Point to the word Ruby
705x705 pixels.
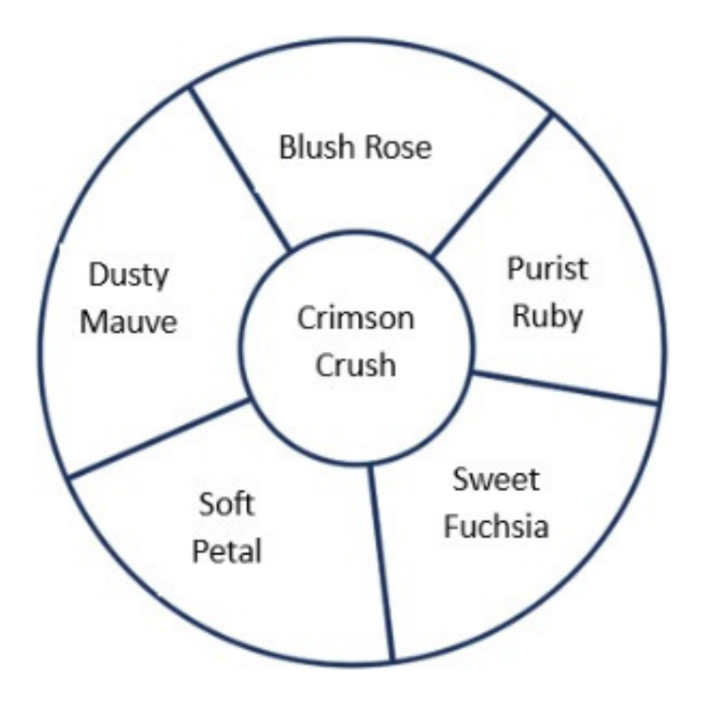pos(548,317)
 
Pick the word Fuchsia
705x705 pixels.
pos(496,526)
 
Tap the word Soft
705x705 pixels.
pos(227,505)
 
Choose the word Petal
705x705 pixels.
pos(227,551)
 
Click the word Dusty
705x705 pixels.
pos(129,276)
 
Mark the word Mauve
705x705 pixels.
pos(128,322)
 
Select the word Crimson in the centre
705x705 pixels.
pos(355,319)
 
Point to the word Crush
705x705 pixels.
pos(355,365)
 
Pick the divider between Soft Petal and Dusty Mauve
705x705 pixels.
pos(159,438)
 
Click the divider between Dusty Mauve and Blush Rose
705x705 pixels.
pos(240,169)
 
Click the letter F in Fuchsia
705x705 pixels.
pos(451,526)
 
